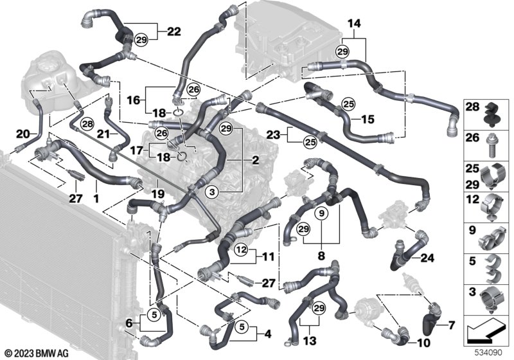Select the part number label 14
[x=354, y=24]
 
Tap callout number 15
[x=368, y=119]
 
